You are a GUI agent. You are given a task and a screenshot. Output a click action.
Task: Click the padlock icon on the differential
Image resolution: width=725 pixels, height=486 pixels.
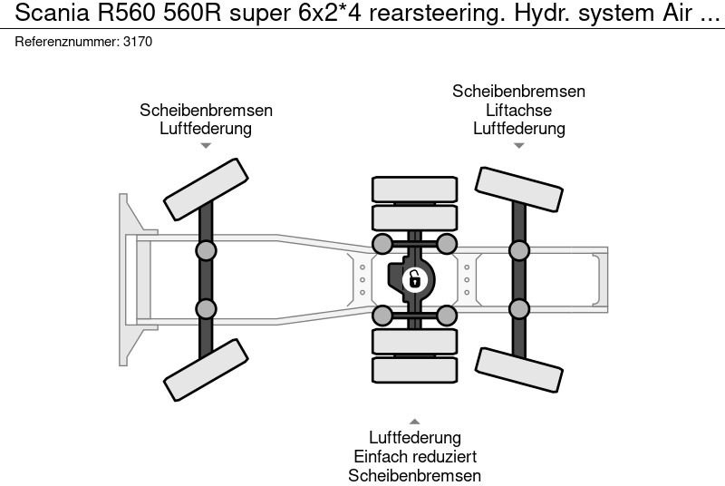pyautogui.click(x=414, y=279)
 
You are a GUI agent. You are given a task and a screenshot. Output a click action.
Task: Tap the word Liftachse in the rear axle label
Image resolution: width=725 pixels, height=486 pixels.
pyautogui.click(x=518, y=110)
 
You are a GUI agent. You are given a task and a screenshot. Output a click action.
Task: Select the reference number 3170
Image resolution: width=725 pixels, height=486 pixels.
pyautogui.click(x=138, y=42)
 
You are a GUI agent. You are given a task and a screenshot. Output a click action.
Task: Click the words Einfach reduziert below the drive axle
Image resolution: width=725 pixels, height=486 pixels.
pyautogui.click(x=414, y=456)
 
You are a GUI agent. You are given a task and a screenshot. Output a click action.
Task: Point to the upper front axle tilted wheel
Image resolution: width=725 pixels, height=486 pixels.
pyautogui.click(x=205, y=188)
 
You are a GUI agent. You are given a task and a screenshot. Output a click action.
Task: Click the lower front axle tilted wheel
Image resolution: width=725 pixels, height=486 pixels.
pyautogui.click(x=205, y=370)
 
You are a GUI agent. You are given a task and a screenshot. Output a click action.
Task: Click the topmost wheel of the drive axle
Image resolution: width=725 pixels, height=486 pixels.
pyautogui.click(x=414, y=189)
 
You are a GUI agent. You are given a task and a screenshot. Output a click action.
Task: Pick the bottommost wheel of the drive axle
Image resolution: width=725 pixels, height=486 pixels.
pyautogui.click(x=414, y=370)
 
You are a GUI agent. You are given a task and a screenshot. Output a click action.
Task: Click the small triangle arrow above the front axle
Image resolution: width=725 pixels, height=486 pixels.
pyautogui.click(x=206, y=145)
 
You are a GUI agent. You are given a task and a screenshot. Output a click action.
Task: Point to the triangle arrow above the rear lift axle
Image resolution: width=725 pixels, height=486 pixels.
pyautogui.click(x=518, y=145)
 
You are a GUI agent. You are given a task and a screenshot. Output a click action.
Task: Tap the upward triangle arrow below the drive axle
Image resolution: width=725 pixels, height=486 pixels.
pyautogui.click(x=414, y=422)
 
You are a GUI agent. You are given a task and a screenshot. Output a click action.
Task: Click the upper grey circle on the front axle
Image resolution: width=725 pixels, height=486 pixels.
pyautogui.click(x=206, y=251)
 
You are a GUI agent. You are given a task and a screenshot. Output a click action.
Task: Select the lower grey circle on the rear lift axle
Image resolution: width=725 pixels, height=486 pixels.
pyautogui.click(x=518, y=309)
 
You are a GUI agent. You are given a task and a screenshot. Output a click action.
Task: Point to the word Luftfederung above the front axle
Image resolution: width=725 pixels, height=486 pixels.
pyautogui.click(x=206, y=128)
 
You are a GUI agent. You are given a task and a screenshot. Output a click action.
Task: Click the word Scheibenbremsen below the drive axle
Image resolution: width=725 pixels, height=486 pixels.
pyautogui.click(x=414, y=475)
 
